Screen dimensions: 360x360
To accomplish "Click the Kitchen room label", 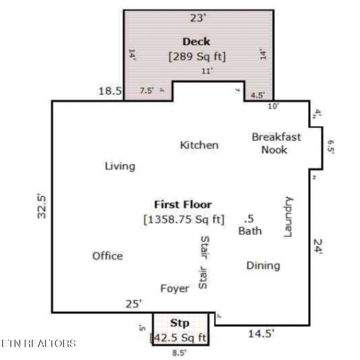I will coord(199,145).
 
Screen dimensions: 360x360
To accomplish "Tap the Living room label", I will coord(120,166).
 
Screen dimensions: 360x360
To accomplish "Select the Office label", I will coord(107,256).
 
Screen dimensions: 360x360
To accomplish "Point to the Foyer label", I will coord(175,288).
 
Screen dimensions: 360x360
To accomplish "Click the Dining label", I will coord(263,266).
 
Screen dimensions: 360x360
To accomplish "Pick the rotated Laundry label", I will coord(288,217).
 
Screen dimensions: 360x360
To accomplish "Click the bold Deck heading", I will coord(197,42).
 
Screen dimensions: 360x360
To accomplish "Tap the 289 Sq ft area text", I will coord(197,57).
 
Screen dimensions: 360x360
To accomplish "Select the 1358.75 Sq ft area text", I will coord(184,220).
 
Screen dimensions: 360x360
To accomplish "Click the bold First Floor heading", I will coord(183,204).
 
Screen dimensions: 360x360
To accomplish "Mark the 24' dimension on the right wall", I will coord(318,247).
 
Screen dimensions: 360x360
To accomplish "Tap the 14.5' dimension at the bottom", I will coord(261,334).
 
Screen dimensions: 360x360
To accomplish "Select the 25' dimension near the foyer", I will coord(134,304).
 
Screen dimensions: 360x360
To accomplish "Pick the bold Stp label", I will coord(180,323).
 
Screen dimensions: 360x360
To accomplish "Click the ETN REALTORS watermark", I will coord(38,343).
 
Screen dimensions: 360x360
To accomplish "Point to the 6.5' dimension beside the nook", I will coord(330,147).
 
